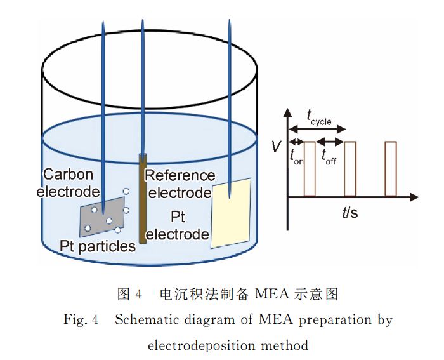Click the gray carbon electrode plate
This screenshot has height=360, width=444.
(105, 216)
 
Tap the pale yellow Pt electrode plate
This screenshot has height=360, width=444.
(231, 213)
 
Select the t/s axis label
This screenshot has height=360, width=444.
(349, 212)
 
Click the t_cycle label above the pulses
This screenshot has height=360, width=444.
(318, 116)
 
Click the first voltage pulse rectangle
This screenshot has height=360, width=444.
(309, 169)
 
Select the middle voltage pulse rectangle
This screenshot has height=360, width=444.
(349, 169)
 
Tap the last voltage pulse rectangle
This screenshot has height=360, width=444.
(391, 169)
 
